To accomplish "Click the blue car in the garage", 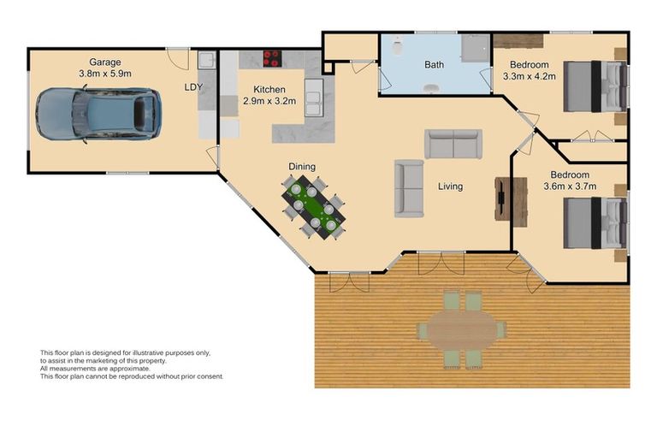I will tap(98, 115).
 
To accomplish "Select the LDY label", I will tap(193, 87).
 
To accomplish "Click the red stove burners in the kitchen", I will tap(272, 59).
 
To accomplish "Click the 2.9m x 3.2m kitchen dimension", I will tap(269, 101).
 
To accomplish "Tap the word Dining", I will tap(301, 167).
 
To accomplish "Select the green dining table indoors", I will tap(314, 205).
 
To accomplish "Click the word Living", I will tap(450, 186).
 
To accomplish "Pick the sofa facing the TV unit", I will tap(408, 188).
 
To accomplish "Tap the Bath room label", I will tap(434, 64).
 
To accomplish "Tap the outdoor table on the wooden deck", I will tap(461, 329).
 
